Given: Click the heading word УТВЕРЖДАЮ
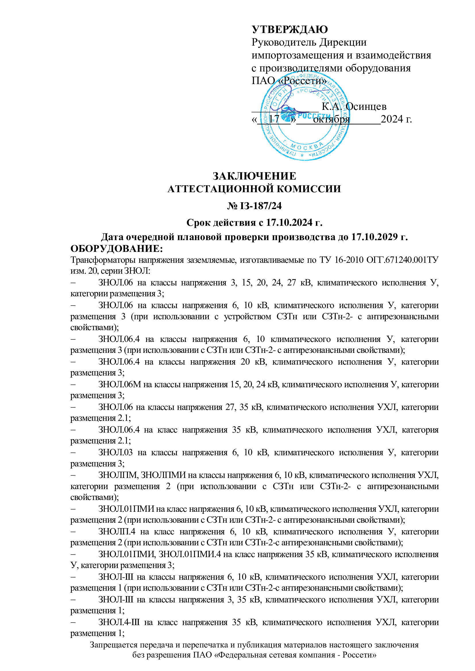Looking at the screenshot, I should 289,29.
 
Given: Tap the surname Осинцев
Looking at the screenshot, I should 366,106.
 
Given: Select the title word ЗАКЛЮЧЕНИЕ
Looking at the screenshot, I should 254,176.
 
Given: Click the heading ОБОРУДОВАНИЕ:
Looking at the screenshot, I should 116,249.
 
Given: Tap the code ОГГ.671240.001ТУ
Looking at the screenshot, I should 402,260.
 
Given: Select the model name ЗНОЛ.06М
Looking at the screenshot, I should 120,384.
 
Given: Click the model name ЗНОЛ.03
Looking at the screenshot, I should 115,452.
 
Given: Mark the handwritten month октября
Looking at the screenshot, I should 331,119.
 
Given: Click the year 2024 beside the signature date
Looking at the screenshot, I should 392,119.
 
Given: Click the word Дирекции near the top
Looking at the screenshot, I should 343,42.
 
